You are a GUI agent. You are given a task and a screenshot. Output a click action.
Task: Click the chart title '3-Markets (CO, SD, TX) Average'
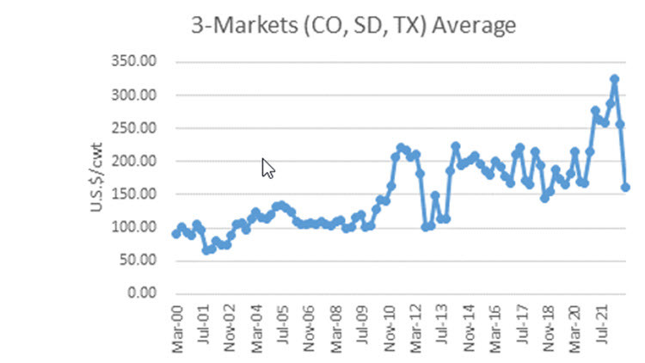353,26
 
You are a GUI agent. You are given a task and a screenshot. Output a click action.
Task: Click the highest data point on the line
614,79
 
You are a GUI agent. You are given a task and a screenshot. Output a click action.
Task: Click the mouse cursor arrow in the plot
267,167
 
